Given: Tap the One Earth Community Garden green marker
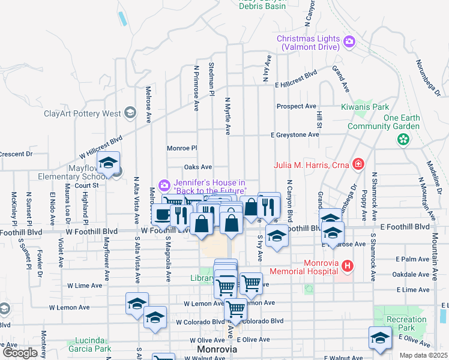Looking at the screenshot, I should pos(403,139).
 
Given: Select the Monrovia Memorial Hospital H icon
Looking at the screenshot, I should pos(346,265).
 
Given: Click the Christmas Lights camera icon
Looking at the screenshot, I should pos(349,41).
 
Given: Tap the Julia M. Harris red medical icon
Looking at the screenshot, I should pos(358,163).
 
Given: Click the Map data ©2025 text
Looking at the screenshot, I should pos(423,355).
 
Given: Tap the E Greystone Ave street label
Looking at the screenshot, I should pos(294,135).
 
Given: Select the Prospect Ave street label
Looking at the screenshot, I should pos(296,106).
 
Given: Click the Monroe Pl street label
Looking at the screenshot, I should pos(182,148).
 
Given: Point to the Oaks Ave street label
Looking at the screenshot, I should pos(198,167).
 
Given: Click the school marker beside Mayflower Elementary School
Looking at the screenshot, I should pos(109,163).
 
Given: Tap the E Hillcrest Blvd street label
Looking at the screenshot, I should pos(295,77).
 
